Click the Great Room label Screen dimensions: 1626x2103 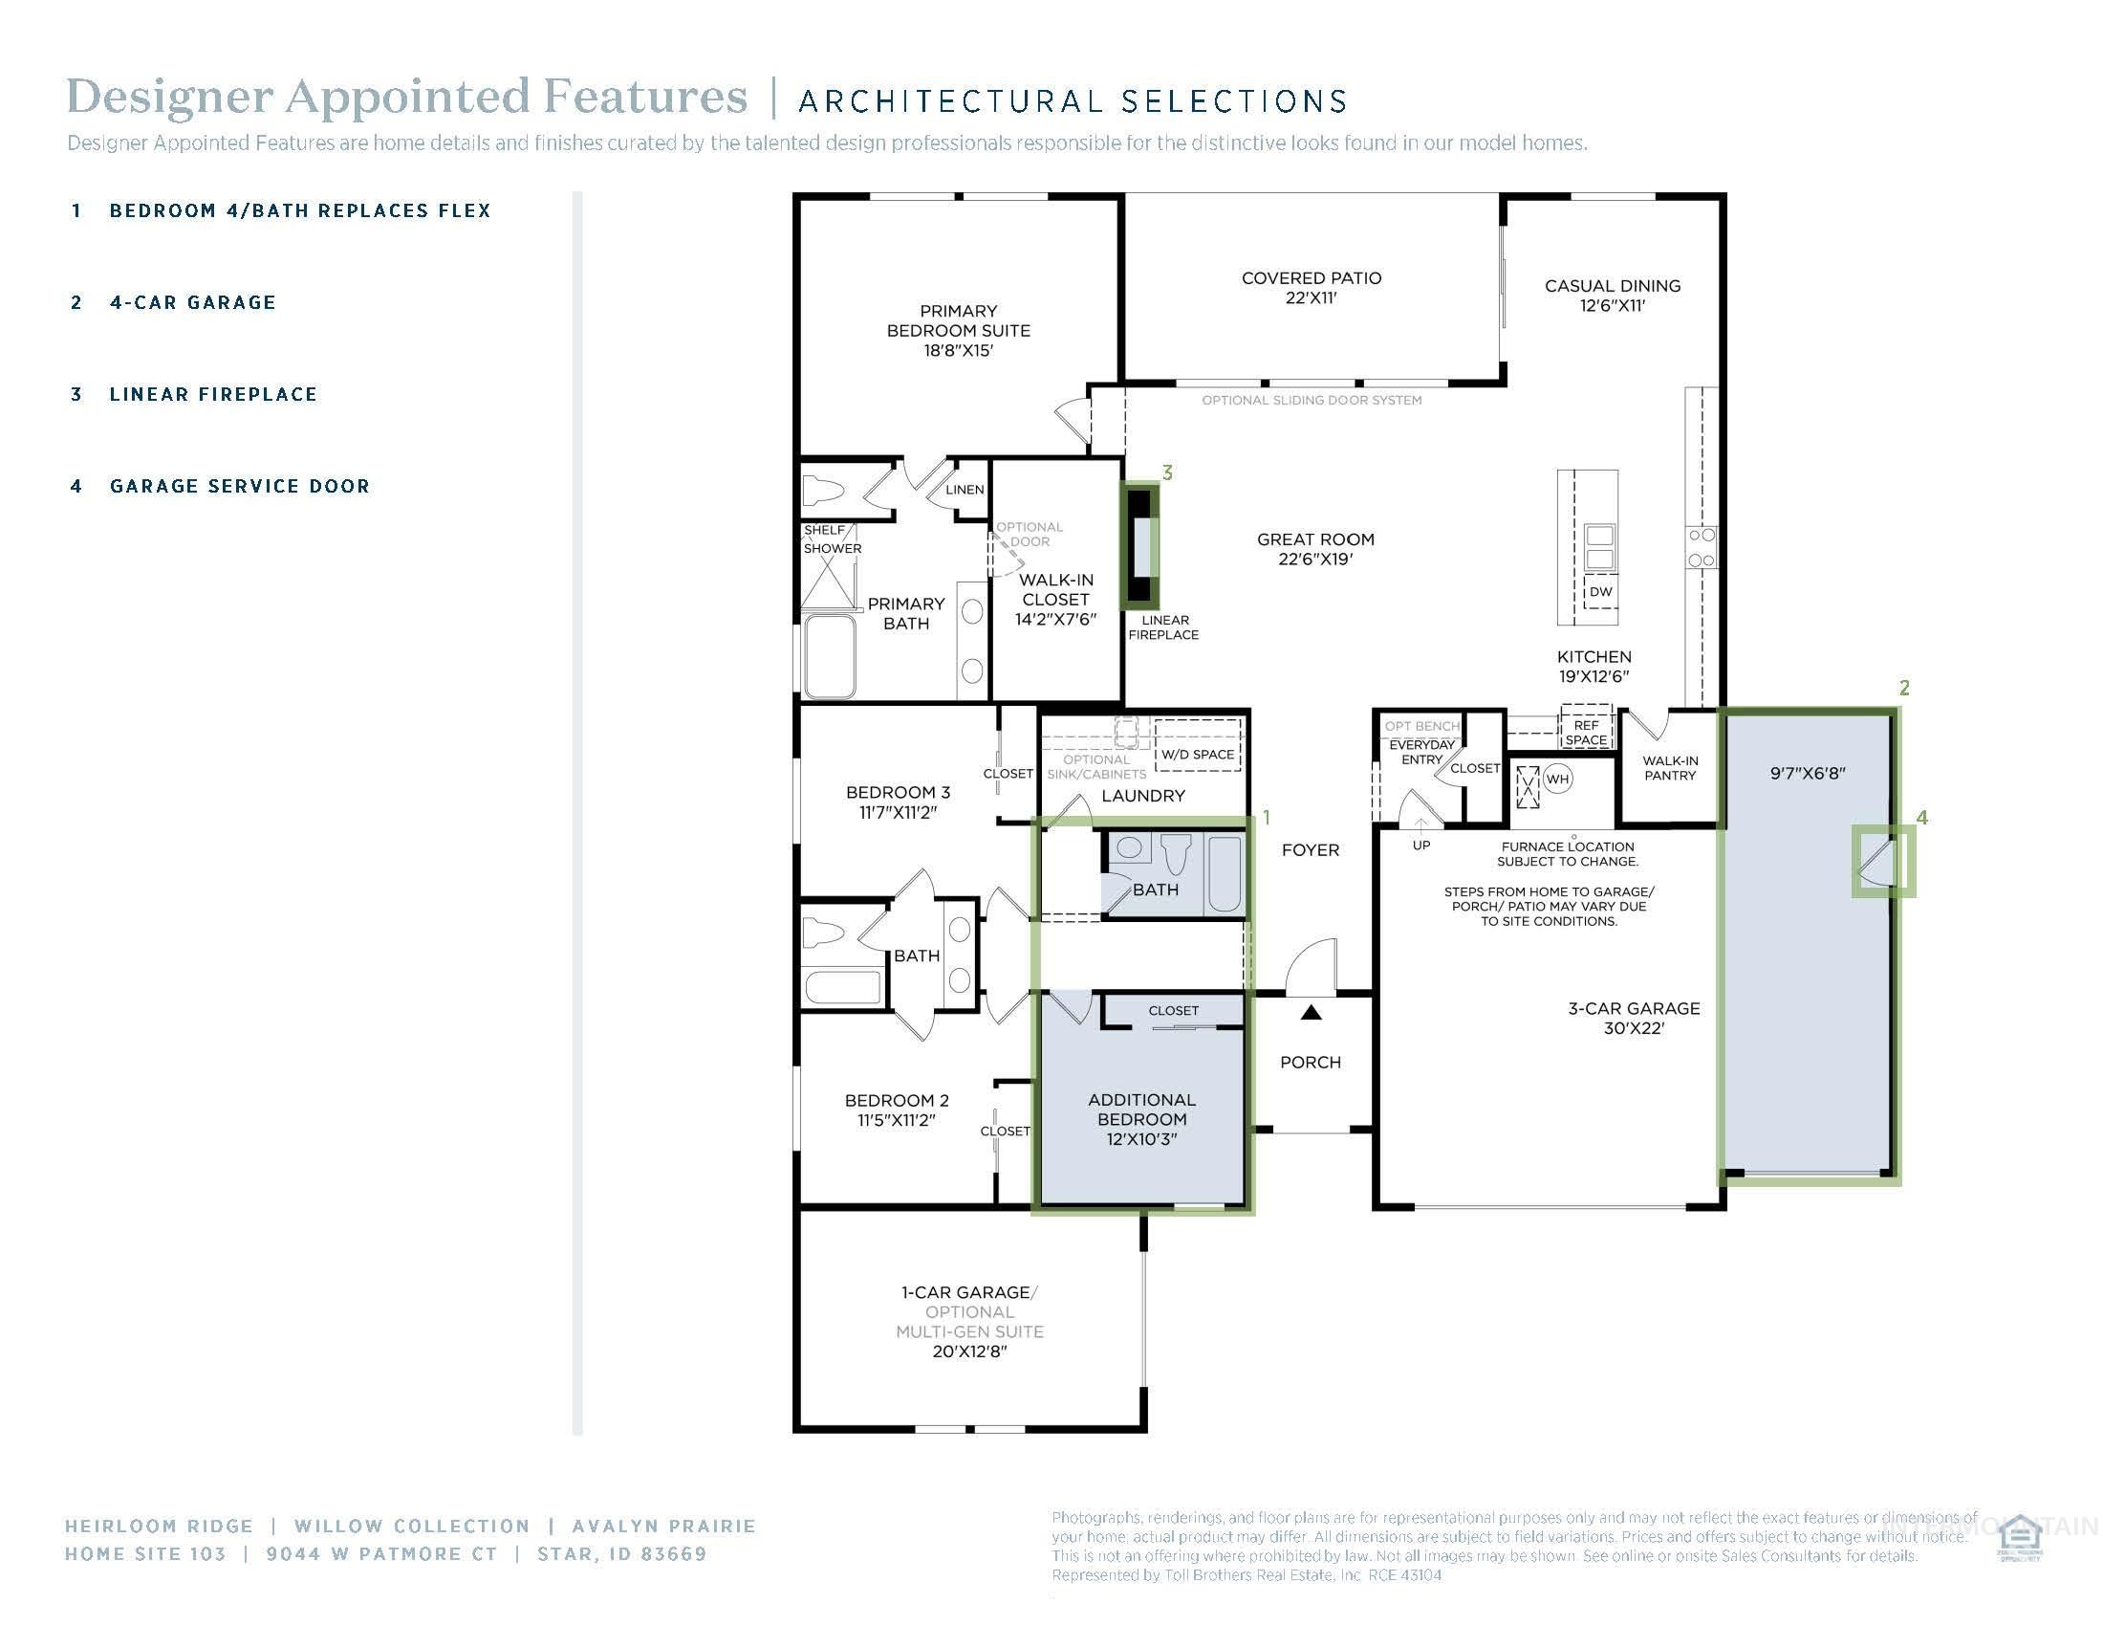pyautogui.click(x=1314, y=549)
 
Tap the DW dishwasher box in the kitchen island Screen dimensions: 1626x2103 pyautogui.click(x=1600, y=591)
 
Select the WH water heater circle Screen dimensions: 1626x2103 pyautogui.click(x=1558, y=780)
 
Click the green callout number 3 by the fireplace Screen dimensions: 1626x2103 pyautogui.click(x=1167, y=472)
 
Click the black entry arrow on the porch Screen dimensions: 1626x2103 pyautogui.click(x=1311, y=1012)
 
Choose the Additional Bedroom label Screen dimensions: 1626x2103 pyautogui.click(x=1141, y=1118)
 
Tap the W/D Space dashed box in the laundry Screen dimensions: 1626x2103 pyautogui.click(x=1197, y=755)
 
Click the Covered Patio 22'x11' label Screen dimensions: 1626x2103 pyautogui.click(x=1311, y=288)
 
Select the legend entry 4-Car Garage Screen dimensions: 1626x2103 pyautogui.click(x=192, y=302)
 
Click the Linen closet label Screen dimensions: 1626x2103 pyautogui.click(x=964, y=490)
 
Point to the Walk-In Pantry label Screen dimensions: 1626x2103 pyautogui.click(x=1670, y=768)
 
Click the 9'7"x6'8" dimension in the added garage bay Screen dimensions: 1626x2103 pyautogui.click(x=1808, y=773)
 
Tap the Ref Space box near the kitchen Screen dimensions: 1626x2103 pyautogui.click(x=1586, y=732)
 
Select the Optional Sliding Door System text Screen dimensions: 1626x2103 pyautogui.click(x=1311, y=400)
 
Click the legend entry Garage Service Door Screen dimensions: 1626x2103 pyautogui.click(x=239, y=487)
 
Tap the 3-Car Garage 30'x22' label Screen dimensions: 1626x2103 pyautogui.click(x=1633, y=1018)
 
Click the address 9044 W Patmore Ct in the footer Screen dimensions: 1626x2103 pyautogui.click(x=381, y=1553)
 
